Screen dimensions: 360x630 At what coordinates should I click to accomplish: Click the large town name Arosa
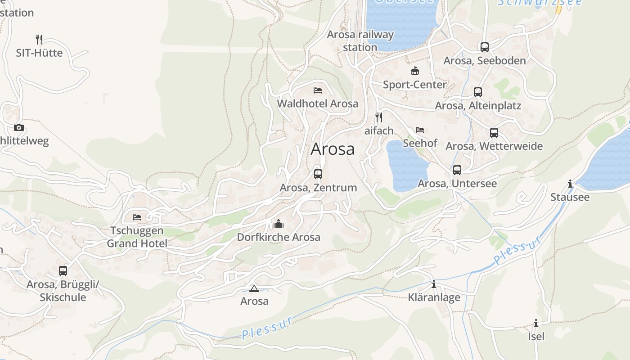333,149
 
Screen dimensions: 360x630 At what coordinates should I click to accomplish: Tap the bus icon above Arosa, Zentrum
318,174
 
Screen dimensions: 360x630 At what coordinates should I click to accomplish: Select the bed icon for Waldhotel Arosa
318,90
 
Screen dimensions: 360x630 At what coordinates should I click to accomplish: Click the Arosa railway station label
360,40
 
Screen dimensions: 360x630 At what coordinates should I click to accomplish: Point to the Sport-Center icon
414,71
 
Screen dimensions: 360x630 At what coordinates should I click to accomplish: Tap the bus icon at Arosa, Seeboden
484,47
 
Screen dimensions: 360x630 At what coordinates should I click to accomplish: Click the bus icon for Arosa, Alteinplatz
478,92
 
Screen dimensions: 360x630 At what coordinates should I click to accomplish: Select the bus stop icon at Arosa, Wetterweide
494,133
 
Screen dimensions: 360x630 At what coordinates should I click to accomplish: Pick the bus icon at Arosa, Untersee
457,170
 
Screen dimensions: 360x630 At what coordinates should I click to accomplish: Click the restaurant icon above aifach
379,117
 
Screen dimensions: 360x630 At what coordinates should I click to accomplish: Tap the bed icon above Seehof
420,130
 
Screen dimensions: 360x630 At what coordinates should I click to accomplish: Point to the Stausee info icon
570,184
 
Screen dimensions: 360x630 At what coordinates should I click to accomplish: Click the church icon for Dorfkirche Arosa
279,224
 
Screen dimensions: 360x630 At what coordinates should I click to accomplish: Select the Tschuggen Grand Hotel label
137,237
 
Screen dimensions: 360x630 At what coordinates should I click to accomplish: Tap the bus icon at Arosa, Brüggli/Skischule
63,271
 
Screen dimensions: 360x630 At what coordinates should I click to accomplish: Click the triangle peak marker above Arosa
254,288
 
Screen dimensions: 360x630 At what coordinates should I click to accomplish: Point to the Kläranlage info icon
434,284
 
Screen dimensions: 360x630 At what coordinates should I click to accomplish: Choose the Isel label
536,336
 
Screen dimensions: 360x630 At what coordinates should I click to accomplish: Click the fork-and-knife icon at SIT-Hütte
39,40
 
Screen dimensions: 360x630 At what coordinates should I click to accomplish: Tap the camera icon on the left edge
19,127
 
